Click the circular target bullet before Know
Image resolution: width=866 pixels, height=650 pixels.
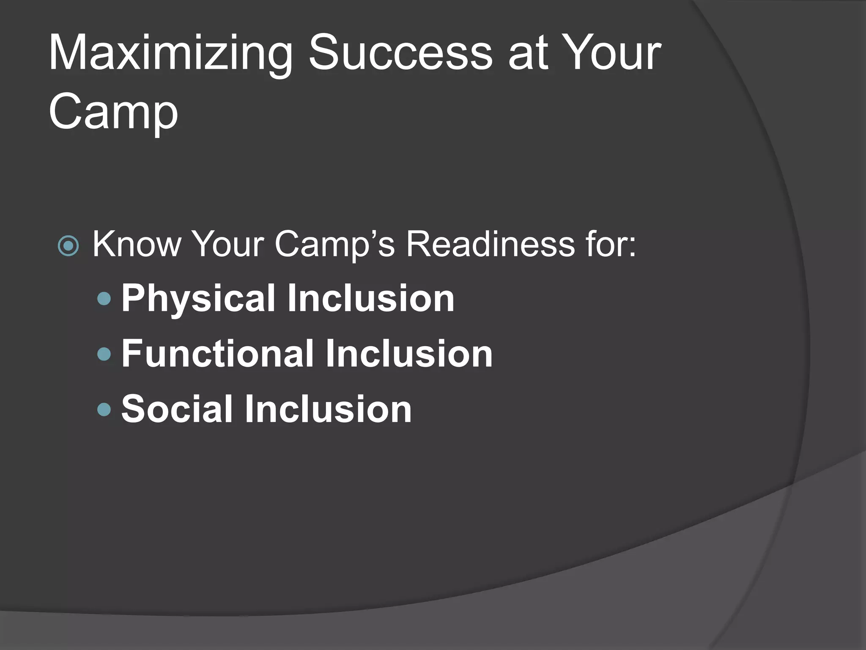tap(68, 246)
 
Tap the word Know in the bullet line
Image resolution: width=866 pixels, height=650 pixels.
tap(137, 244)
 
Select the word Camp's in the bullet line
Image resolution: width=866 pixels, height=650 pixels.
tap(334, 244)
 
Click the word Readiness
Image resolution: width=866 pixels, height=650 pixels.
tap(491, 244)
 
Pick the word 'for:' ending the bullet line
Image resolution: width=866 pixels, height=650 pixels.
tap(611, 244)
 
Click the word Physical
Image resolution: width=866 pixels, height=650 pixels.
tap(198, 299)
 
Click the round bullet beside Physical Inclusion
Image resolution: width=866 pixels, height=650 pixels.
tap(104, 299)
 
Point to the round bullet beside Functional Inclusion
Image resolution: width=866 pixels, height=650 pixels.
tap(104, 354)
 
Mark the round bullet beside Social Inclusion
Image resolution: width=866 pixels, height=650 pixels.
tap(104, 409)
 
